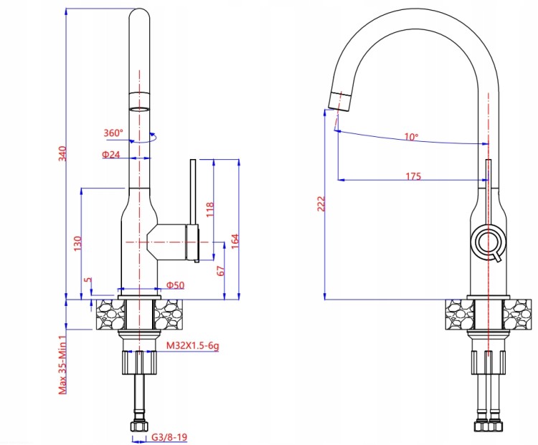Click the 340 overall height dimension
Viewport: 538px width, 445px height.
(x=62, y=153)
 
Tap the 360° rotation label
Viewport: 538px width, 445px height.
(x=113, y=133)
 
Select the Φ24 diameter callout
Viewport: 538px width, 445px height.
(x=110, y=155)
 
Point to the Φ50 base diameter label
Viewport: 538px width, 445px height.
(x=175, y=285)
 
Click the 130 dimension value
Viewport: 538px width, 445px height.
(x=78, y=243)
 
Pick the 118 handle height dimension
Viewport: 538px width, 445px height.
(x=209, y=209)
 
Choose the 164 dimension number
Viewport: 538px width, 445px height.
(x=235, y=241)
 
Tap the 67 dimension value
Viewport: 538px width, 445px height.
(x=222, y=270)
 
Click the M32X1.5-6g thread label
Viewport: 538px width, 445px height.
(x=192, y=345)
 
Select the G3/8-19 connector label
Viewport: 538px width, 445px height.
(x=169, y=437)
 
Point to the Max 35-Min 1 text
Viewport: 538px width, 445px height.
(x=62, y=365)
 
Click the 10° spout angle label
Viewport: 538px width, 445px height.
(x=412, y=137)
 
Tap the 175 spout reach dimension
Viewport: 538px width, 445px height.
(x=413, y=176)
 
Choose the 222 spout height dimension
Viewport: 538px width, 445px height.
(x=321, y=204)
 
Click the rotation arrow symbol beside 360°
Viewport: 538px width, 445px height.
(x=143, y=138)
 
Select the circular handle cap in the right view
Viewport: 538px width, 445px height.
(x=489, y=241)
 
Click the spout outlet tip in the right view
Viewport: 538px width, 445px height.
(x=339, y=101)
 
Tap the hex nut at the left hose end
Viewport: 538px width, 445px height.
(x=139, y=426)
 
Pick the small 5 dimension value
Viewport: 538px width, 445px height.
(x=88, y=279)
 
